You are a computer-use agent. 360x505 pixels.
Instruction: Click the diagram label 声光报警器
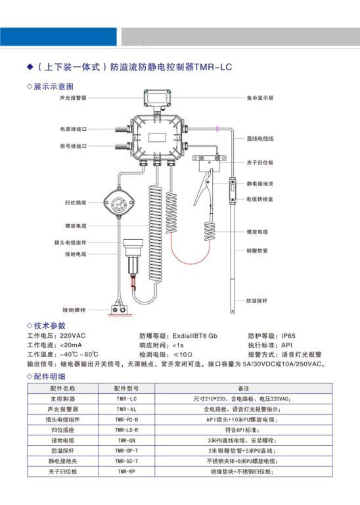point(73,98)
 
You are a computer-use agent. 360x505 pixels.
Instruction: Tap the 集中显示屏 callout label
point(260,98)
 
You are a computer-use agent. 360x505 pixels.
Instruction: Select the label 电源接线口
point(74,129)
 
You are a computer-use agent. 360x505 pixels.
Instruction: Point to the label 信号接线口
point(74,146)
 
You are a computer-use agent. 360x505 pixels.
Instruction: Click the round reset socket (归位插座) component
point(119,203)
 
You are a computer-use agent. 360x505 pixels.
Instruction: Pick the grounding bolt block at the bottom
point(119,310)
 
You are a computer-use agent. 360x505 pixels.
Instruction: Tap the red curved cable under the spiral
point(190,254)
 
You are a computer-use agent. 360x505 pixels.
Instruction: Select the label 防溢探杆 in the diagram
point(257,301)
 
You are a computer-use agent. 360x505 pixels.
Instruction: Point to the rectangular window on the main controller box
point(157,137)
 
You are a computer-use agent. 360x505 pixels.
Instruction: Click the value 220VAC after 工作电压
point(73,336)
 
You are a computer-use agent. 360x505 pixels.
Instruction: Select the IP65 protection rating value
point(288,336)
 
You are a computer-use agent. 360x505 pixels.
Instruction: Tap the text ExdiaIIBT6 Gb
point(194,336)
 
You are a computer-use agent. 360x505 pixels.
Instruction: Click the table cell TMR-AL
point(126,410)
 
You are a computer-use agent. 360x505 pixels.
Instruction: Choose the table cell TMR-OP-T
point(126,451)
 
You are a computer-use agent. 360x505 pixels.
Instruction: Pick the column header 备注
point(244,389)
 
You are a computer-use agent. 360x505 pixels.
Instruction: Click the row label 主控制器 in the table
point(62,399)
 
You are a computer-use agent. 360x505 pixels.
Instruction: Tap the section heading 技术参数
point(49,325)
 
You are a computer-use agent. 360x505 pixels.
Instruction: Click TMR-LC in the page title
point(213,67)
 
